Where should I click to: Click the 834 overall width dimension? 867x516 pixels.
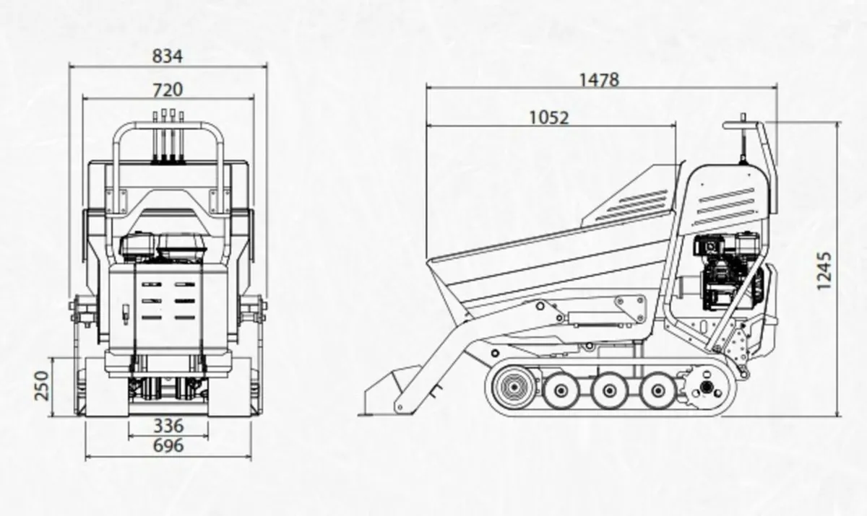coord(168,56)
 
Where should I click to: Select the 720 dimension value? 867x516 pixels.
coord(168,89)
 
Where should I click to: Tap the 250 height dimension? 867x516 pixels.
coord(42,385)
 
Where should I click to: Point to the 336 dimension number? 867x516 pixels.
coord(168,426)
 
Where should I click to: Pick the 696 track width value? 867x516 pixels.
coord(168,446)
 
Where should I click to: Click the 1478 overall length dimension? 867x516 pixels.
coord(599,79)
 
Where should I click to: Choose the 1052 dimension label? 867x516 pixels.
coord(549,117)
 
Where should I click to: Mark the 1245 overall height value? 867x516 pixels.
coord(824,271)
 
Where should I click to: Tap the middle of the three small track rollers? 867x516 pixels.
coord(608,390)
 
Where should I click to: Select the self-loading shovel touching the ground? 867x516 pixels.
coord(387,393)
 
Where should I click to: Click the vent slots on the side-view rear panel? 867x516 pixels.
coord(726,206)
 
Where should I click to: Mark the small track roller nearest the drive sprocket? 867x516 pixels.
coord(657,390)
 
